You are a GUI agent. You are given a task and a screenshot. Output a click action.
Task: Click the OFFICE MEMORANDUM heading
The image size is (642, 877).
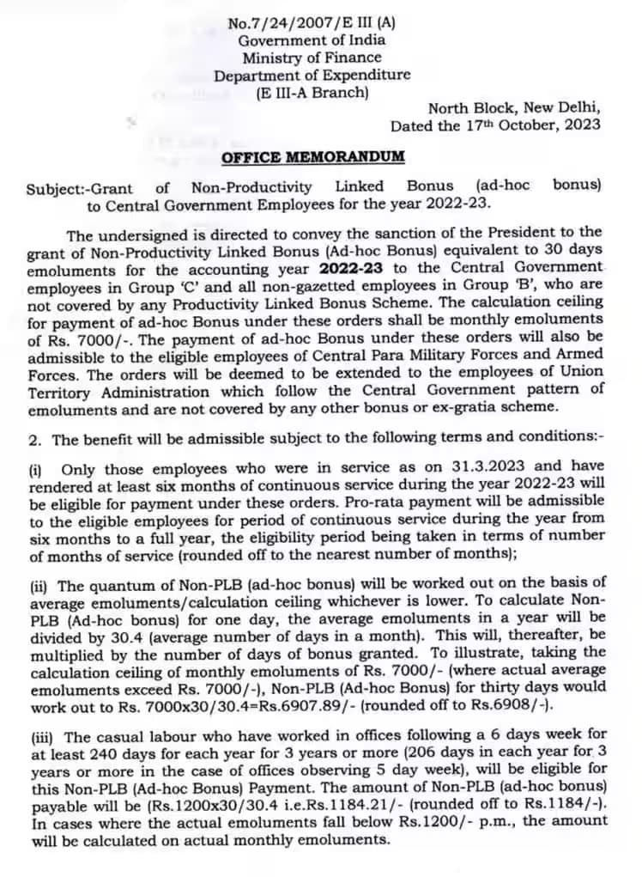click(313, 158)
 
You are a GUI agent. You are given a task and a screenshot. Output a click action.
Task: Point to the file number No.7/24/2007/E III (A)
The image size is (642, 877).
click(312, 23)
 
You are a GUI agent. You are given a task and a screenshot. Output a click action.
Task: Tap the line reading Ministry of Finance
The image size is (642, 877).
click(312, 58)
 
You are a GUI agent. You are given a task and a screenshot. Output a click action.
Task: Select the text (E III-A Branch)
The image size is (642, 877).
click(312, 92)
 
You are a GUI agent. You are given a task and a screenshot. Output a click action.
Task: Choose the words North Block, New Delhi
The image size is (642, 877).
click(514, 108)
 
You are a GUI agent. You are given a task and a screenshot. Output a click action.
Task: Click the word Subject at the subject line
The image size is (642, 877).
click(52, 187)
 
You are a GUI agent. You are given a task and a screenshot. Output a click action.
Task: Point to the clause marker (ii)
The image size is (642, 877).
click(39, 587)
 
